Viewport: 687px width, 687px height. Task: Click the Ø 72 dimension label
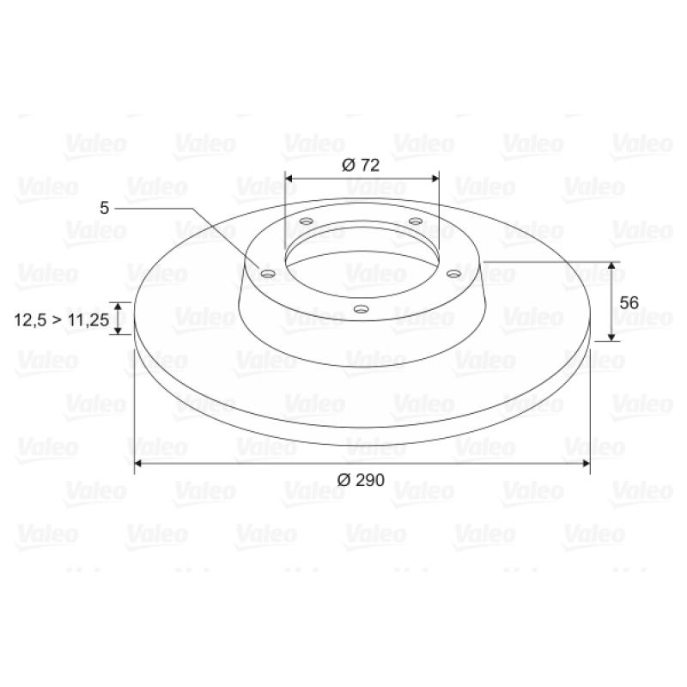tap(360, 165)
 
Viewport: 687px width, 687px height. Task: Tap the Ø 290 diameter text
tap(361, 480)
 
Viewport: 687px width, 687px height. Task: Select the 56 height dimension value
tap(629, 303)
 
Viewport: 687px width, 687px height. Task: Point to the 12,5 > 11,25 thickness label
tap(61, 319)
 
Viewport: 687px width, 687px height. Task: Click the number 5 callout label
tap(104, 208)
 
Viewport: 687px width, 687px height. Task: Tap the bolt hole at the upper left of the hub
tap(307, 221)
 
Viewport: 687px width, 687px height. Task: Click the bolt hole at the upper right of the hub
tap(416, 221)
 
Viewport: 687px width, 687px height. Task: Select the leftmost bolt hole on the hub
tap(268, 274)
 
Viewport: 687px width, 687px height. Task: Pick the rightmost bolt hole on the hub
tap(454, 274)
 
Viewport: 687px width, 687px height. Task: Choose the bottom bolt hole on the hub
tap(361, 309)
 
